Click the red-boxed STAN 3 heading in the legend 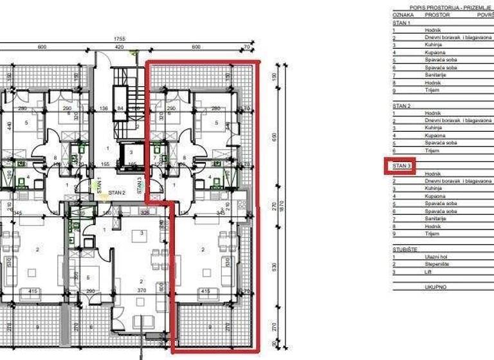pos(401,166)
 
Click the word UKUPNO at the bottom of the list pos(435,287)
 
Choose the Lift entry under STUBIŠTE pos(428,271)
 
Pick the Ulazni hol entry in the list pos(435,256)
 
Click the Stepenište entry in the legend pos(437,264)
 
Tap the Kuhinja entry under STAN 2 pos(433,128)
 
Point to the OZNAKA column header pos(403,14)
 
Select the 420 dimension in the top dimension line pos(119,47)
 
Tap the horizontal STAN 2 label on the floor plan pos(116,192)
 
